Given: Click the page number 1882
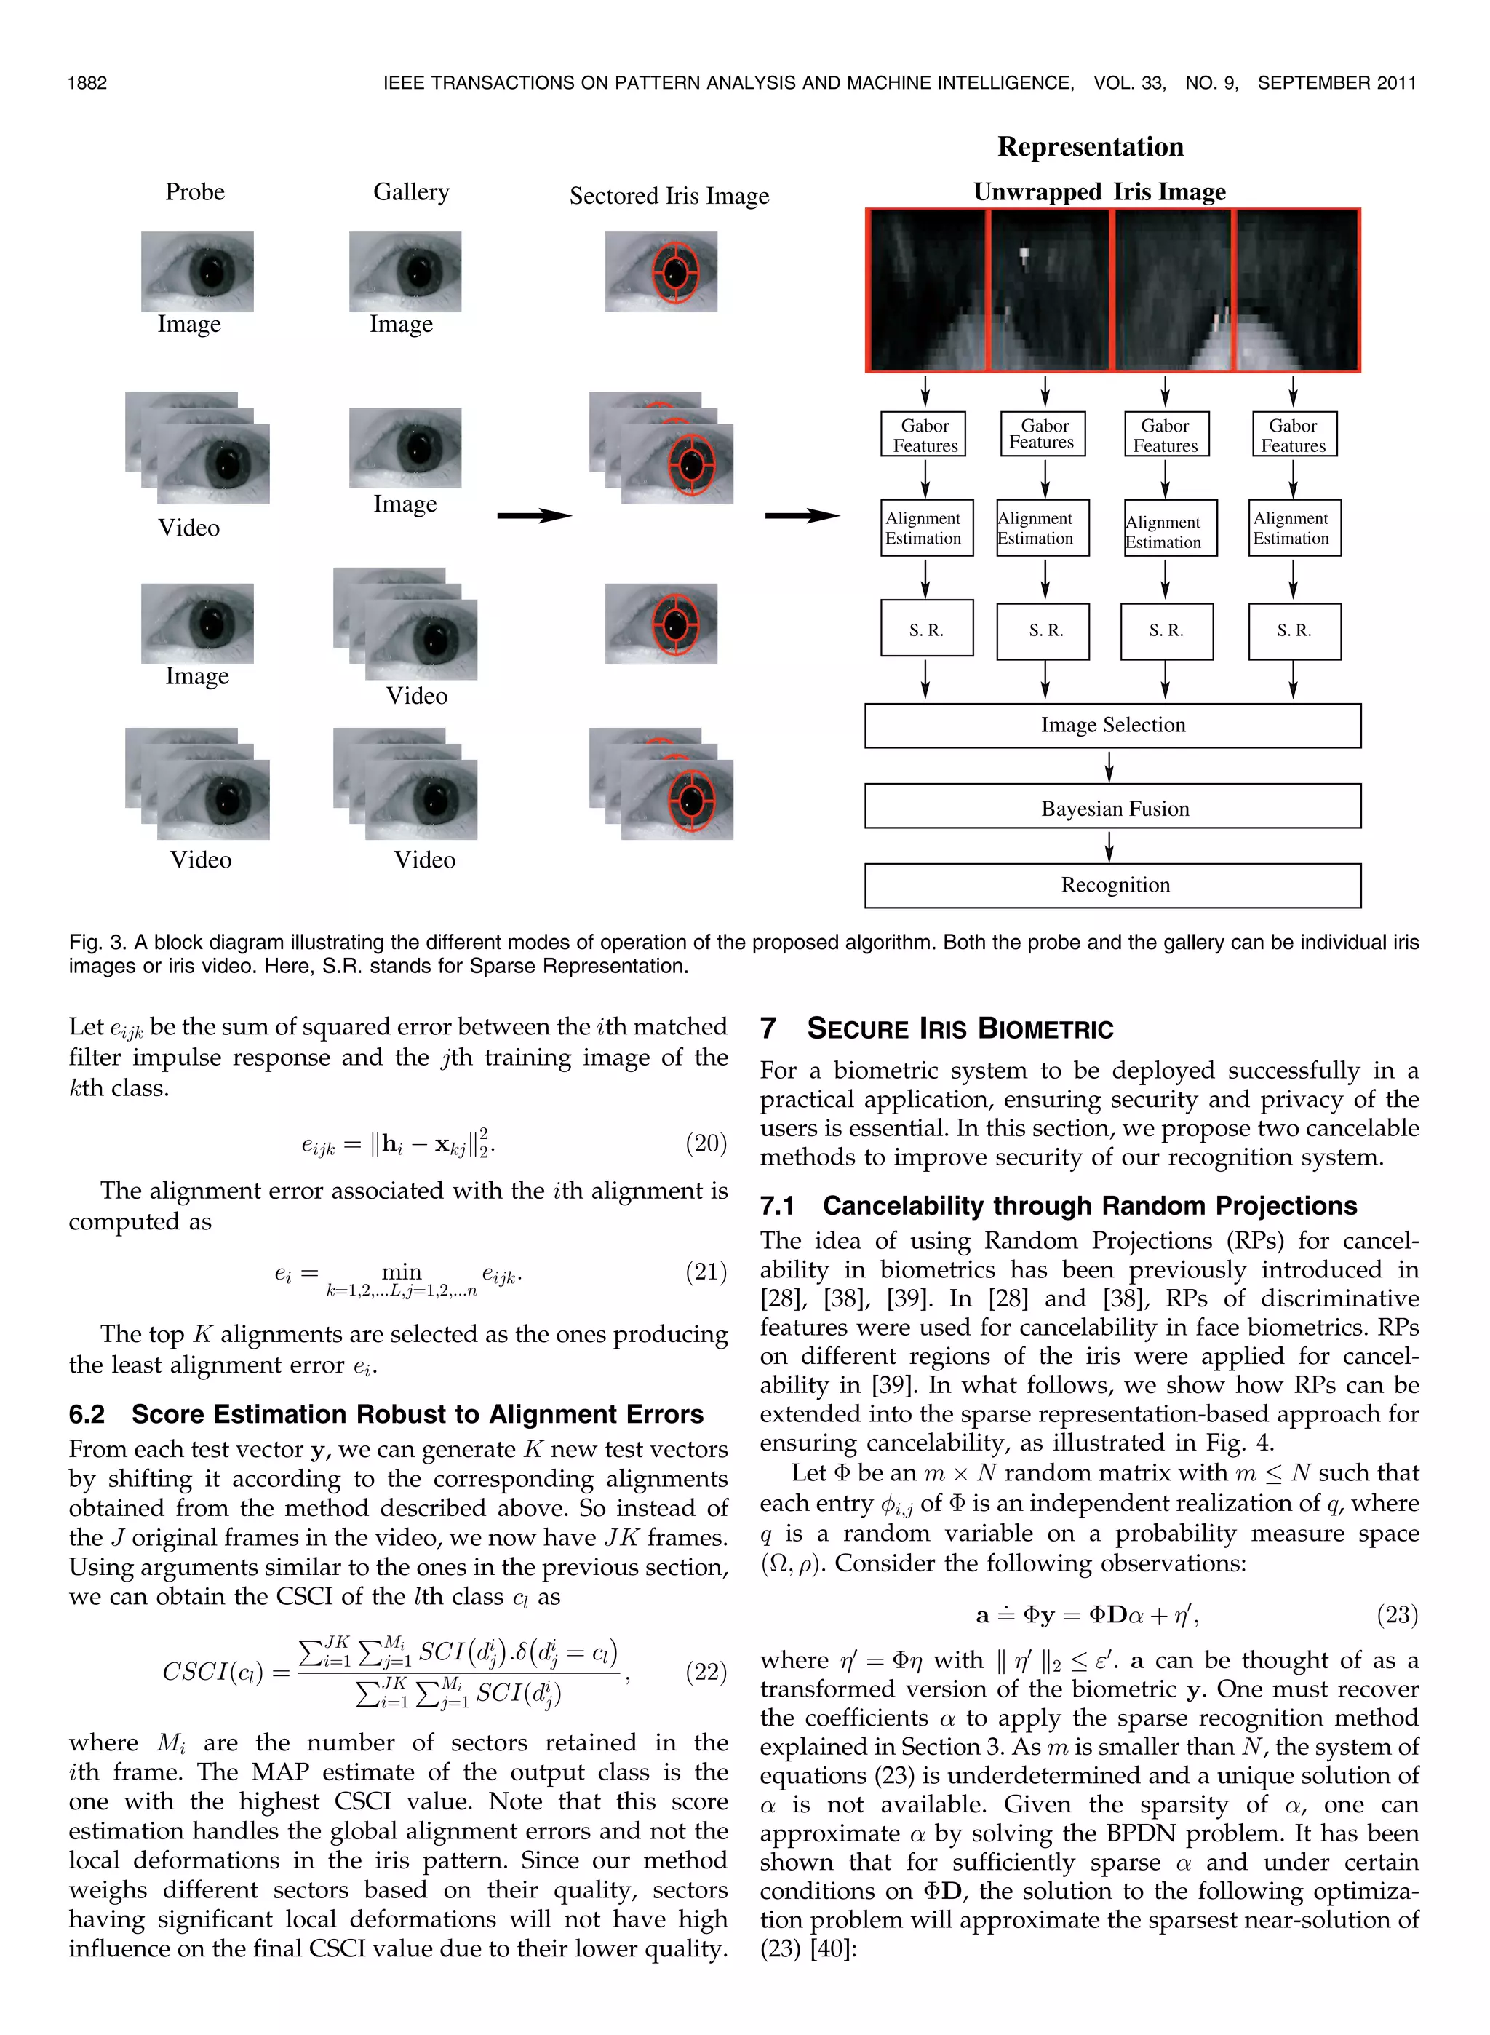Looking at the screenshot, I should (87, 83).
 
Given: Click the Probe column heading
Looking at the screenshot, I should (195, 192).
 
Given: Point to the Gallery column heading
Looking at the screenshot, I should (410, 192).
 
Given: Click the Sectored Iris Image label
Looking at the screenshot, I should (669, 196).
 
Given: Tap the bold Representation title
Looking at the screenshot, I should (1090, 147).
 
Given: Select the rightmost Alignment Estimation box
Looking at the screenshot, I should (1294, 528).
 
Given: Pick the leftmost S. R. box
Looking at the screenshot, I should (926, 628).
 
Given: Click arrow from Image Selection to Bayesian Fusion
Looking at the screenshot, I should (1109, 766).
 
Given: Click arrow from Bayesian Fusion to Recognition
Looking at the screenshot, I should (1109, 846).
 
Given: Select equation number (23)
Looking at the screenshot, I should (1396, 1614).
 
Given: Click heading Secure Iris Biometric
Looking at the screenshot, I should (960, 1028).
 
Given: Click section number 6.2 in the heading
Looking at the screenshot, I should (87, 1413).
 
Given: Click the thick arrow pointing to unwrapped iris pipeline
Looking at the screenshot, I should (801, 516).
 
